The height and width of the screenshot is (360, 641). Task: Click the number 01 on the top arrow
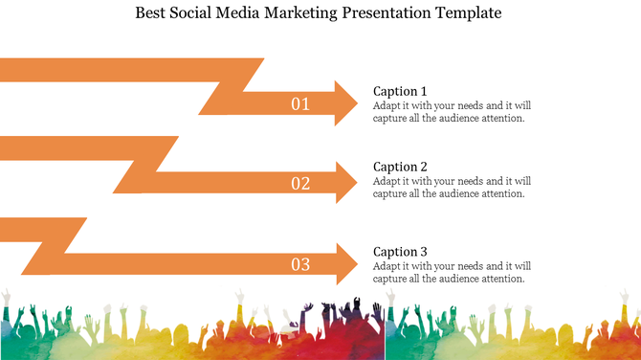tap(300, 103)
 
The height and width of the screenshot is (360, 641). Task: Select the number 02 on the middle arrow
tap(300, 183)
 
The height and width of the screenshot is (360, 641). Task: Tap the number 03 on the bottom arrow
tap(300, 263)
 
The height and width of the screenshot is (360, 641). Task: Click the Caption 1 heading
tap(400, 91)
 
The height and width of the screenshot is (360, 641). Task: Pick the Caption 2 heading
tap(400, 167)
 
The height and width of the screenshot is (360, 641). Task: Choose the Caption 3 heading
tap(400, 252)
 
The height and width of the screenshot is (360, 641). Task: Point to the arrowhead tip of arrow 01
tap(358, 103)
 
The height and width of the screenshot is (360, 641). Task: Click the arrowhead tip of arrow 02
tap(358, 183)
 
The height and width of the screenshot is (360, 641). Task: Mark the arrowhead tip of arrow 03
tap(358, 263)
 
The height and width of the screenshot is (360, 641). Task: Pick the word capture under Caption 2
tap(389, 193)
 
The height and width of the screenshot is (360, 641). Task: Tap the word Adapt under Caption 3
tap(387, 265)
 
